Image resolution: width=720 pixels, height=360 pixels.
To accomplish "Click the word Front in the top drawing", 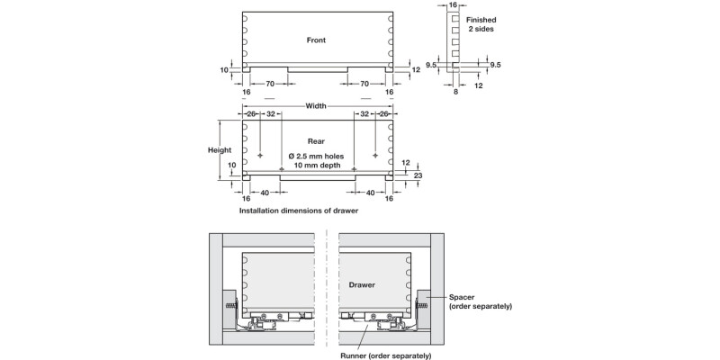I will tap(316, 40).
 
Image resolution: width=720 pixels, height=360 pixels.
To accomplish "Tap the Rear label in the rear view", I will tap(316, 141).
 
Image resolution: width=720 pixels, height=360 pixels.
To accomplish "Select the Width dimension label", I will tap(316, 105).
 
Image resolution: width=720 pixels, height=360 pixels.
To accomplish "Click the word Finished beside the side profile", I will tap(481, 18).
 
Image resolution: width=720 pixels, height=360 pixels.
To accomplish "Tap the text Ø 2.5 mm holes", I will tap(316, 156).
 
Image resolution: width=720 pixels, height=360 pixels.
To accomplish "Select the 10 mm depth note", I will tap(316, 166).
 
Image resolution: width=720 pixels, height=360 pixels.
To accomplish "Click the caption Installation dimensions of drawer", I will tap(299, 211).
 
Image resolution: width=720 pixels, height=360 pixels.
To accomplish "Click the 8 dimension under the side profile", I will tap(457, 91).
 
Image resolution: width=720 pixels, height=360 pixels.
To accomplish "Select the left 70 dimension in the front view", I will tap(269, 84).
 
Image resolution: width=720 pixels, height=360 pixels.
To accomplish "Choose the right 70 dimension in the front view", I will tap(364, 84).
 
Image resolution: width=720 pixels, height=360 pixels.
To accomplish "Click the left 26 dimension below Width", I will tap(252, 114).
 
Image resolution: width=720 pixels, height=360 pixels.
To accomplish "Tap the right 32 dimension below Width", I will tap(364, 114).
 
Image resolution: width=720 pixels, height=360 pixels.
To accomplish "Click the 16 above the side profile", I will tap(453, 5).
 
